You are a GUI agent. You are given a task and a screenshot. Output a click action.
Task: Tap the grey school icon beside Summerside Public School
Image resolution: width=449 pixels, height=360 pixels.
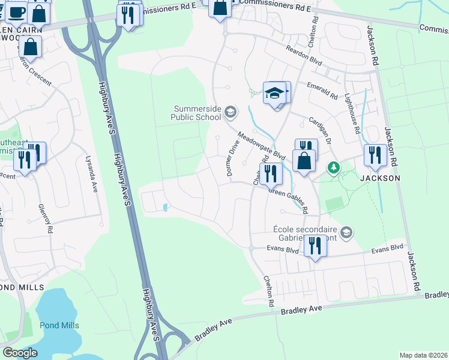229,112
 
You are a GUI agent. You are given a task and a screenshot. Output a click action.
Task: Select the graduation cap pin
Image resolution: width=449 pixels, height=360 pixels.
275,94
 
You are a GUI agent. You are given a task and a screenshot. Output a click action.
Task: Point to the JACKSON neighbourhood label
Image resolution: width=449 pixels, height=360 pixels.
379,178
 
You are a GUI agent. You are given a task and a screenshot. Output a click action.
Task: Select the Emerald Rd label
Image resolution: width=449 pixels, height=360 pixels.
322,91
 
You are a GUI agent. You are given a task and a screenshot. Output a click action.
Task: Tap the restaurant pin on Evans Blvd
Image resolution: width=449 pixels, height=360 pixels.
315,245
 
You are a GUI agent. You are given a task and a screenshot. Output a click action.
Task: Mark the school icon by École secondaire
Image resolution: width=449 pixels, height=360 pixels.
346,232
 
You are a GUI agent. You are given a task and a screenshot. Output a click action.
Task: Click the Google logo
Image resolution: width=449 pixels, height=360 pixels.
20,352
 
